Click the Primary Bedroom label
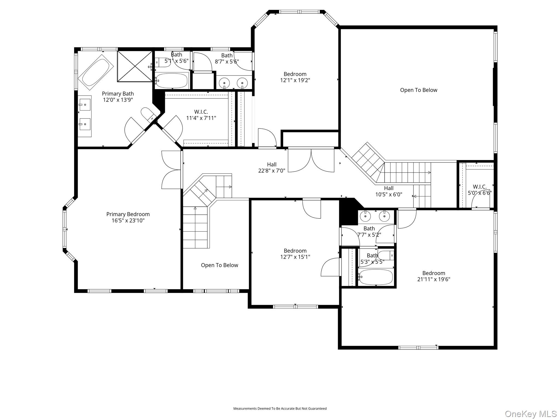[128, 217]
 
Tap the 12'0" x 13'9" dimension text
[118, 100]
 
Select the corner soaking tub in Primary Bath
[96, 72]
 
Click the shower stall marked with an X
[135, 66]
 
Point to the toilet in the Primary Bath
[148, 114]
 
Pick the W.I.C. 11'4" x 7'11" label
[201, 115]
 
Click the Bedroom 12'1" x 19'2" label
[295, 77]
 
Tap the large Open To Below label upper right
[419, 90]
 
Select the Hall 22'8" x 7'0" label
[272, 167]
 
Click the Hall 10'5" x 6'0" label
[389, 191]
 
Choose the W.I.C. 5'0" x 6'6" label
[480, 190]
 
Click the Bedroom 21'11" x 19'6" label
[434, 276]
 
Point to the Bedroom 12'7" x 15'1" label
[295, 253]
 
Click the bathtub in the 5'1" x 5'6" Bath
[172, 80]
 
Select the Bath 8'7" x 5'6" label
[227, 59]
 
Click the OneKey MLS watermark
[531, 414]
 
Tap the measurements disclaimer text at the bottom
[280, 409]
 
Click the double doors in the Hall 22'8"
[311, 160]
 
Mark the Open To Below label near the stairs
[220, 265]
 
